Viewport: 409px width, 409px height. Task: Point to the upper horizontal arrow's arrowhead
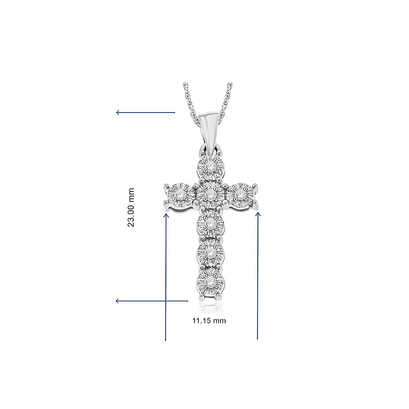pos(118,112)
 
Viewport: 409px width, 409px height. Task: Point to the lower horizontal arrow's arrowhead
pos(118,301)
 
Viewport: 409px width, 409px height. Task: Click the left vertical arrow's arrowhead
pos(166,215)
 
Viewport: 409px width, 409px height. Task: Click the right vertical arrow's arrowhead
pos(258,214)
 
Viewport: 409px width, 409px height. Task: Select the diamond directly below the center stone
pos(210,223)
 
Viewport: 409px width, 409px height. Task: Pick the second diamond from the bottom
pos(210,253)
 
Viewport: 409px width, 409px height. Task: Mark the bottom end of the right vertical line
pos(257,339)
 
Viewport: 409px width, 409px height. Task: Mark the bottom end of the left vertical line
pos(166,340)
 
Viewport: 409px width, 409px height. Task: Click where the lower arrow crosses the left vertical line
pos(166,301)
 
